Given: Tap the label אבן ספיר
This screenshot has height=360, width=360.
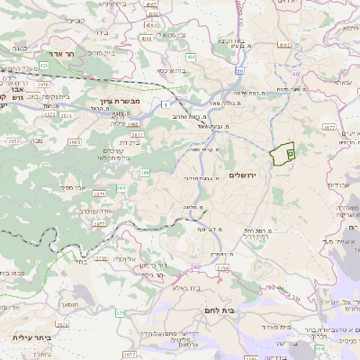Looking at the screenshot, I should click(74, 187).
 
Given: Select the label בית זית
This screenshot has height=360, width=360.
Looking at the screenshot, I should click(130, 141).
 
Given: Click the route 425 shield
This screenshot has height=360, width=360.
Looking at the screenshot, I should click(42, 66).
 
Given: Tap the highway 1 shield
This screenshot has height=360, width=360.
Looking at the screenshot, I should click(166, 106).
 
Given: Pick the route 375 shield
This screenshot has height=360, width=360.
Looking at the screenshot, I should click(120, 312).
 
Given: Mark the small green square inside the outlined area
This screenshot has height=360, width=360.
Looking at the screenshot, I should click(290, 155).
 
